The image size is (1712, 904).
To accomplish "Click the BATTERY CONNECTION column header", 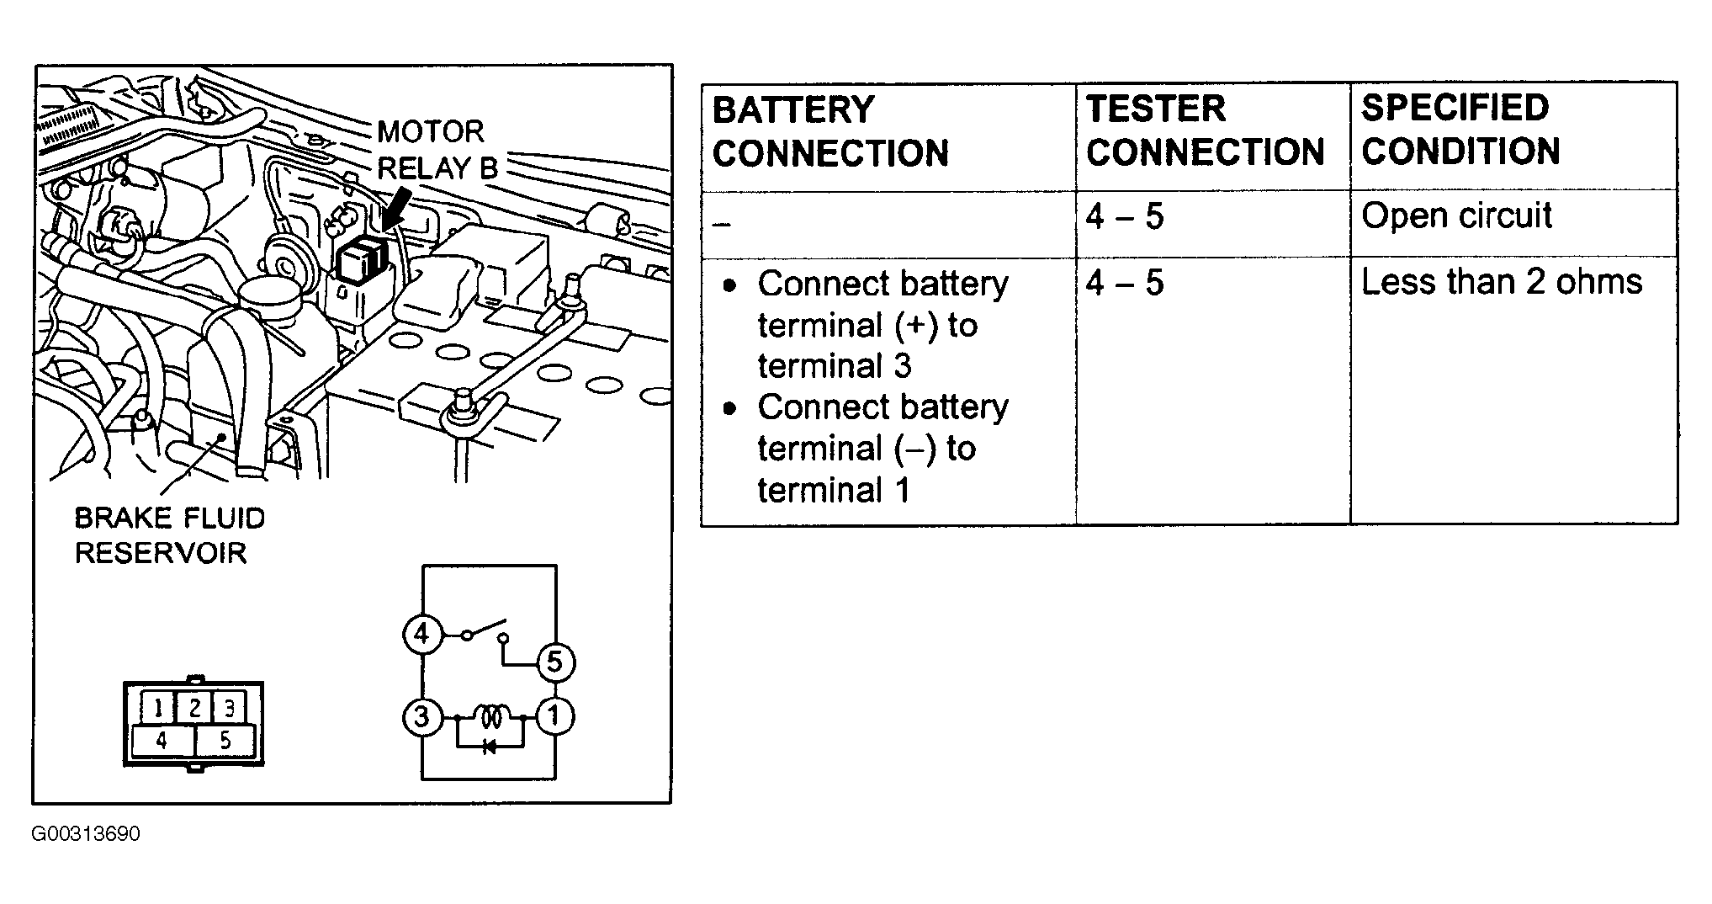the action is [x=830, y=132].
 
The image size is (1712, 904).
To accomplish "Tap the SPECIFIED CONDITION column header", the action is [x=1461, y=130].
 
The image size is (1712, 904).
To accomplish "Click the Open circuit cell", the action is [x=1456, y=215].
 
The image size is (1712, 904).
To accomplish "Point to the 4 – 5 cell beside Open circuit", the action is [x=1125, y=217].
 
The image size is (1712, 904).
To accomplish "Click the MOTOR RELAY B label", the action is [x=437, y=150].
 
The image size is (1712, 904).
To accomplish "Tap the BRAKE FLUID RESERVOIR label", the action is [x=170, y=535].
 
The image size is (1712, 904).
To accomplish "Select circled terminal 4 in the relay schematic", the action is [x=421, y=633].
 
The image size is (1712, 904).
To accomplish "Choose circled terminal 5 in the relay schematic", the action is [x=554, y=662].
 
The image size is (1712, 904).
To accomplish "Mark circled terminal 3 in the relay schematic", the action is [x=421, y=717].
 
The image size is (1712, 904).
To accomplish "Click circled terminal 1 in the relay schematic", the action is [x=554, y=717].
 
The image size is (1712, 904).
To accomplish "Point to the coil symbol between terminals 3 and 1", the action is [x=490, y=717].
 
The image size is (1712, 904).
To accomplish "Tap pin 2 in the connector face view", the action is [x=193, y=708].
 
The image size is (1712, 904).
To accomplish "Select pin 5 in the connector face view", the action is [x=225, y=741].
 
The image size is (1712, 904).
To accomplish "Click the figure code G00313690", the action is [x=86, y=834].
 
